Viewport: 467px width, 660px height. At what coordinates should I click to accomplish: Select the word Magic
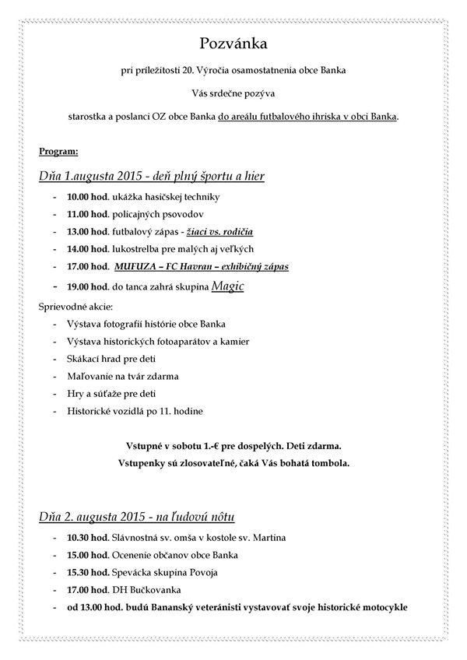click(x=228, y=286)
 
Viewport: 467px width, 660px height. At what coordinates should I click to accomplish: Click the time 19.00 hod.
click(x=86, y=286)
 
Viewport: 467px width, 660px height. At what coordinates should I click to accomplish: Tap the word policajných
click(x=140, y=215)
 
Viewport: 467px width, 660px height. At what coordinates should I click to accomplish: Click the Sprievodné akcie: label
click(x=76, y=307)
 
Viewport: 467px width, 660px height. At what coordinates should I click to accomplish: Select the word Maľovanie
click(x=90, y=377)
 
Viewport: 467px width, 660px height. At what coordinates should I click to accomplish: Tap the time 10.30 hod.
click(x=86, y=538)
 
